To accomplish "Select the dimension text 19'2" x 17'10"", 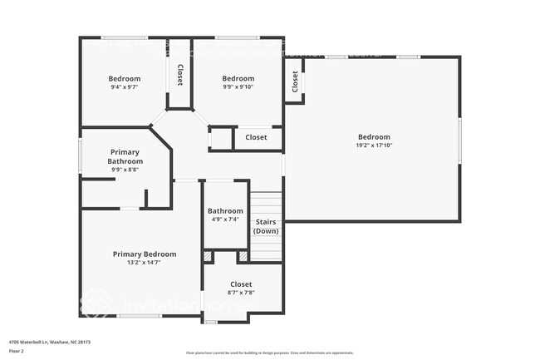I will pos(374,145).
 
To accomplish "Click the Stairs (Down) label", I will pos(266,226).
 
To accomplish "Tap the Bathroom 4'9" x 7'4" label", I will pos(225,211).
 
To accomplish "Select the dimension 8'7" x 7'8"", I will pos(241,293).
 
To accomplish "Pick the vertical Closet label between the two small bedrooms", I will pos(179,76).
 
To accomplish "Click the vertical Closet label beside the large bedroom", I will pos(295,81).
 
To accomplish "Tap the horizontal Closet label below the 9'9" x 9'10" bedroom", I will pos(256,137).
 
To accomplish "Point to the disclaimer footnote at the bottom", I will pos(269,353).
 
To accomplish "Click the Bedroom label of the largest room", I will pos(374,137).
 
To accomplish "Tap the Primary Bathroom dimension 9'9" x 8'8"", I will pos(125,170).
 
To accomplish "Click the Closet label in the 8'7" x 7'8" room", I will pos(241,284).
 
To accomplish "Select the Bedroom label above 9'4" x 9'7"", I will pos(125,78).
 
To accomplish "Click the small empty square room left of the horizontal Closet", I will pos(220,138).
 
